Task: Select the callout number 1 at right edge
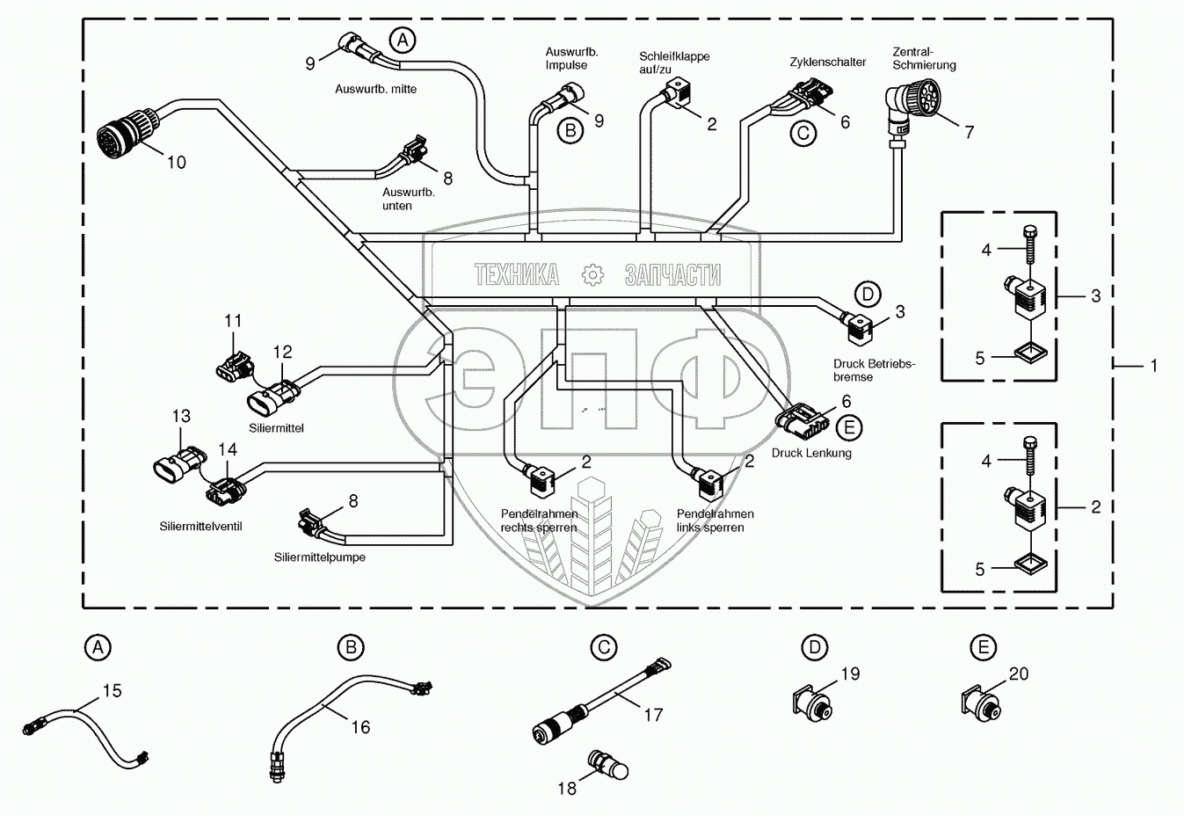point(1154,366)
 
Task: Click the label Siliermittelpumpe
point(319,557)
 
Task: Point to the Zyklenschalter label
point(827,62)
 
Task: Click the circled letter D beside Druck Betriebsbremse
point(868,295)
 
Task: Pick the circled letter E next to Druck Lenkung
point(848,428)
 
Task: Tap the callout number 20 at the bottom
point(1018,674)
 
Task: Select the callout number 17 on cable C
point(653,715)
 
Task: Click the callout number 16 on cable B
point(360,727)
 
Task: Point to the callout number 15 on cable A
point(113,691)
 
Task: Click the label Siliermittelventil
point(200,527)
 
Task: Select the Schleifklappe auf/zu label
point(673,62)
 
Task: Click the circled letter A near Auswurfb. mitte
point(403,40)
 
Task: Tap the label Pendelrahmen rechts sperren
point(539,521)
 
